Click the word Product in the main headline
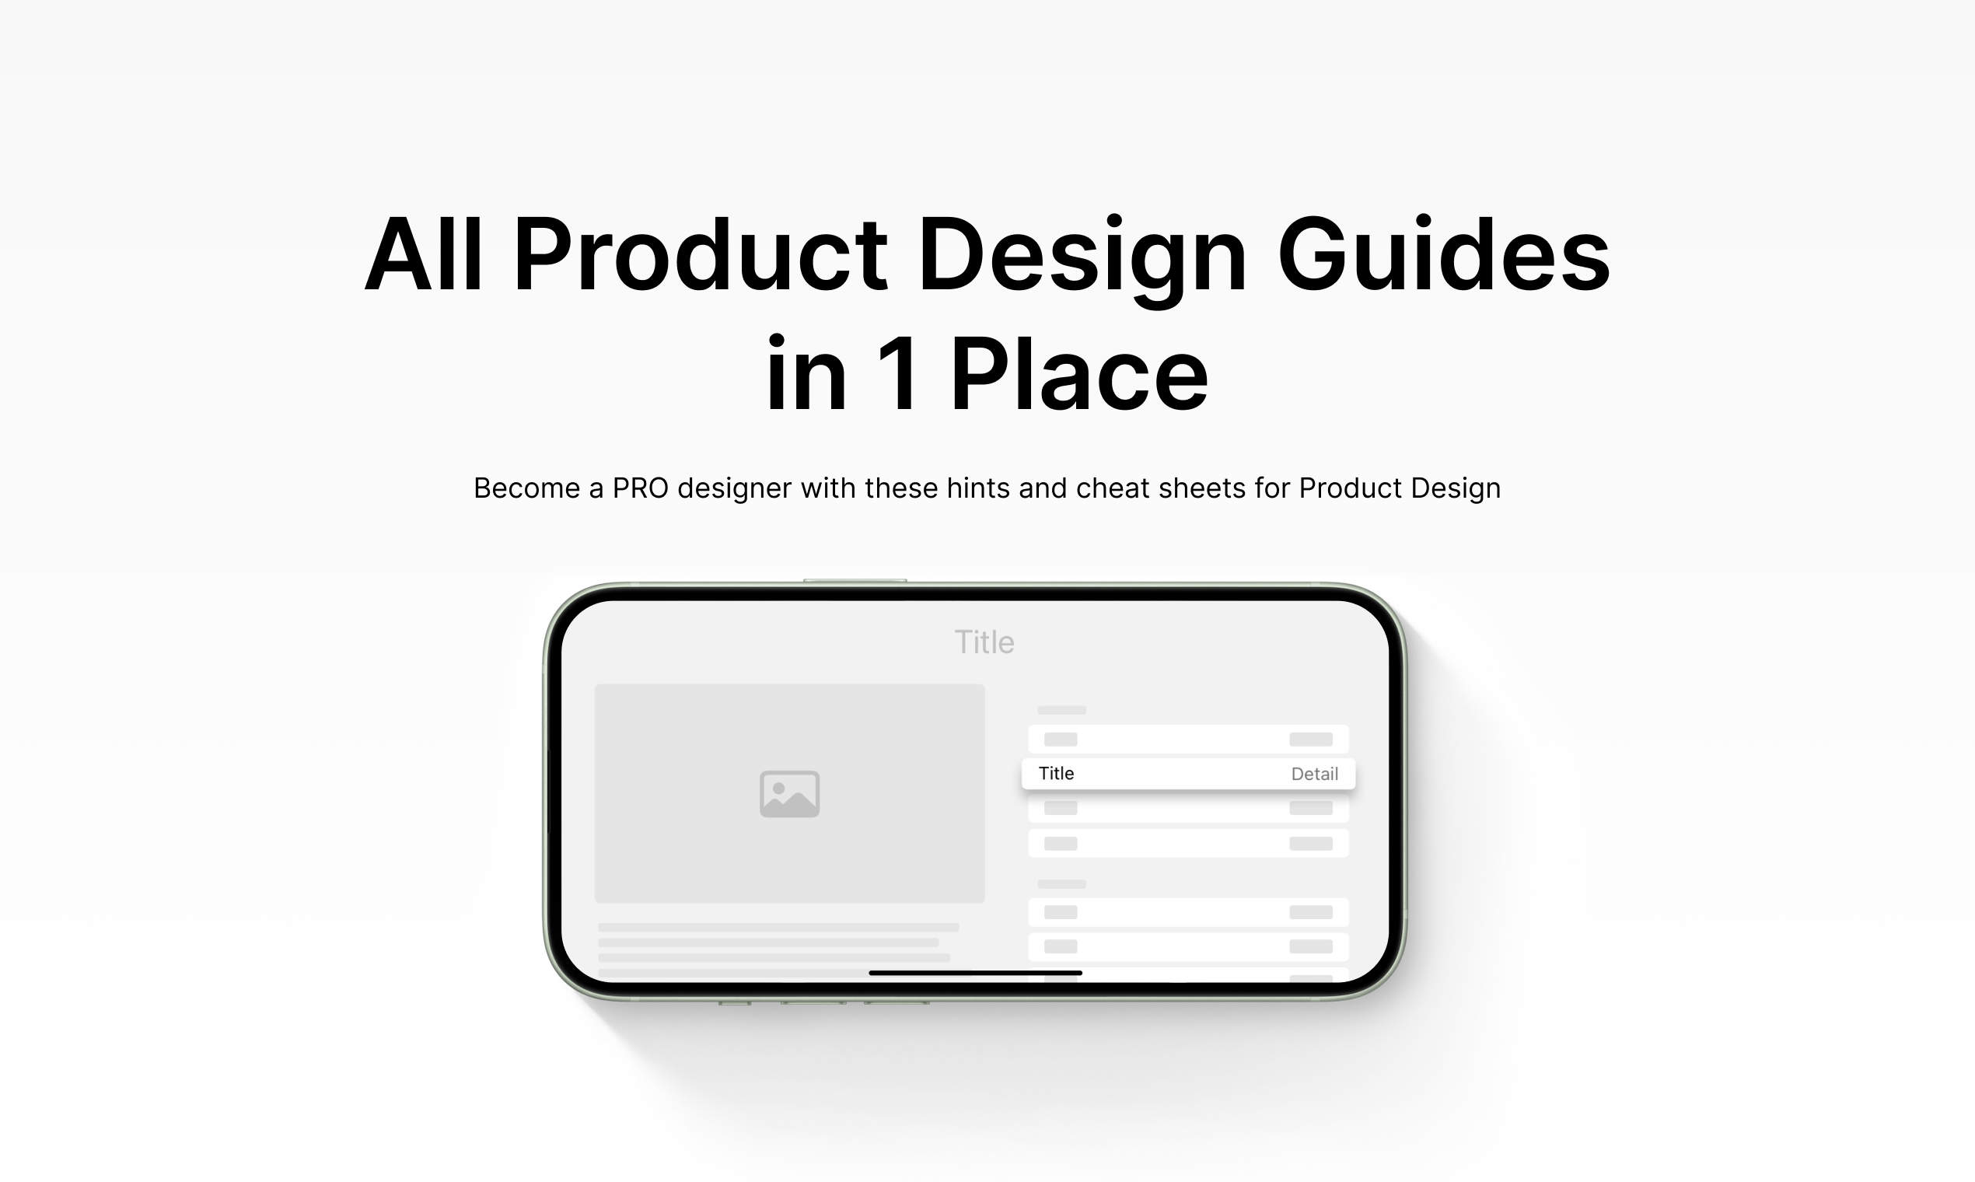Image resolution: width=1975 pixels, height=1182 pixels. point(700,254)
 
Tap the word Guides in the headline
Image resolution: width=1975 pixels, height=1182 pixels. point(1444,254)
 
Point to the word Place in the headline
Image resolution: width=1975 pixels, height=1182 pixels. point(1079,372)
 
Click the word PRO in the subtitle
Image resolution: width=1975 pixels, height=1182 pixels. point(640,488)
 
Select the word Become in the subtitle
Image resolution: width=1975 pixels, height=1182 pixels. point(526,488)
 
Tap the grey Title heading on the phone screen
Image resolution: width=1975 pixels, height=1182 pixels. point(984,642)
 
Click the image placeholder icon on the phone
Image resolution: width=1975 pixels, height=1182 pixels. point(789,793)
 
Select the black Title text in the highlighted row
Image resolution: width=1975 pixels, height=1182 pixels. point(1056,774)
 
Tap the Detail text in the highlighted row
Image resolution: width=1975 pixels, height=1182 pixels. point(1314,774)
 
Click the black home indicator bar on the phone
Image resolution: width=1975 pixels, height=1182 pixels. point(976,973)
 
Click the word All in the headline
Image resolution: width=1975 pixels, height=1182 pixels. point(423,254)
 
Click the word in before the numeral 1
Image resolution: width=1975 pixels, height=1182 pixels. point(806,372)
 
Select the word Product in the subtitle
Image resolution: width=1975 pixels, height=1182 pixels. point(1351,488)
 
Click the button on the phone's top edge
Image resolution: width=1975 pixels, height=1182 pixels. point(855,581)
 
